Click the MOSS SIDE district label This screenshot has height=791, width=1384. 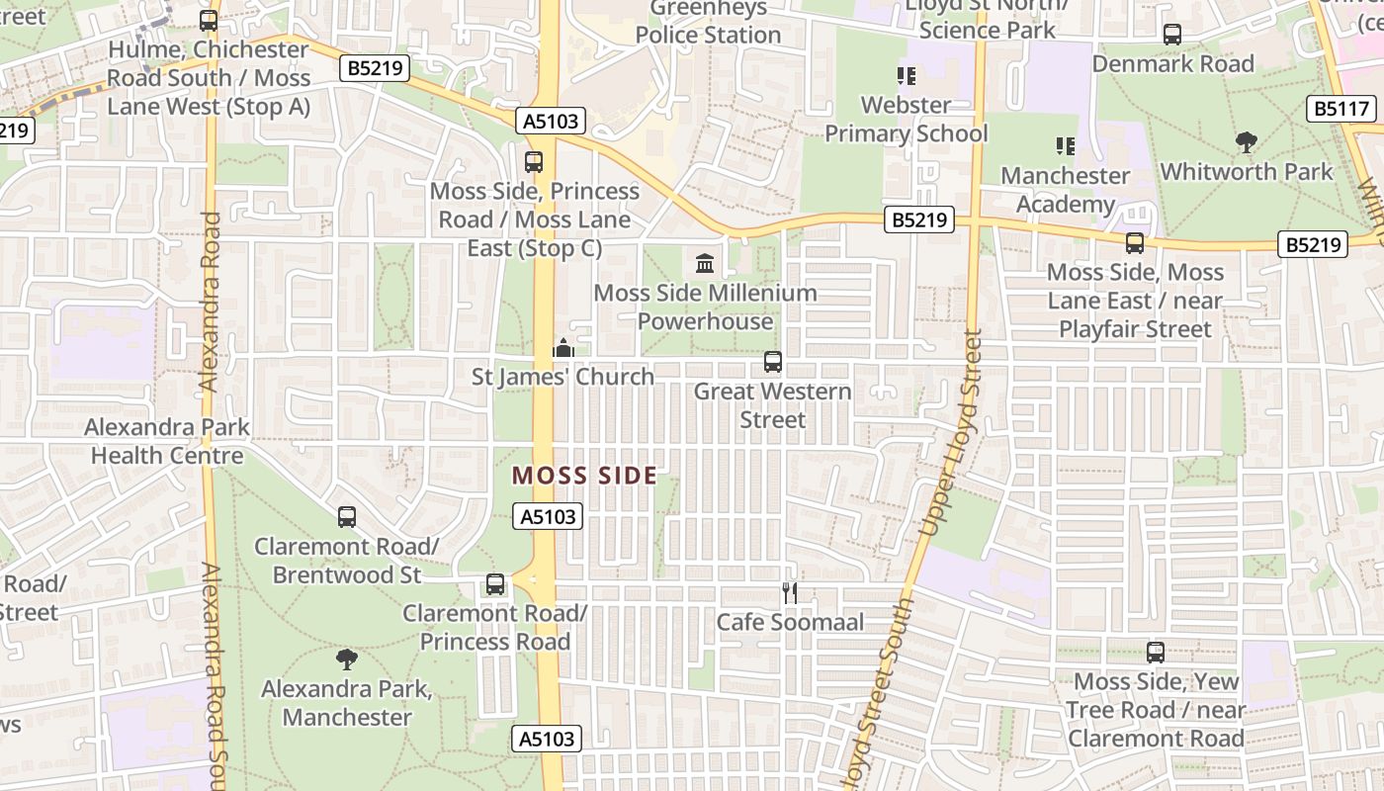[584, 476]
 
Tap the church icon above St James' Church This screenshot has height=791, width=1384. [563, 348]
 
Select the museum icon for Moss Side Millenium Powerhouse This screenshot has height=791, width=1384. [705, 263]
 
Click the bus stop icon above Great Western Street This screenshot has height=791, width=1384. [773, 363]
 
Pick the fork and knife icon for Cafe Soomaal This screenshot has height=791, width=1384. [790, 593]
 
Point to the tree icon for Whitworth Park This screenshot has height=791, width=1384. [1247, 142]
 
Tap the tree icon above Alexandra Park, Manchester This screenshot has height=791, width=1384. [346, 659]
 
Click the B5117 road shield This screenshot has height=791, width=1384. [1341, 109]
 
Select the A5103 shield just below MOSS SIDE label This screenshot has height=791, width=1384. [548, 516]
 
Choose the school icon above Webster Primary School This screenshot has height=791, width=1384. [906, 76]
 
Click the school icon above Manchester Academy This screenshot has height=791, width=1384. [1065, 146]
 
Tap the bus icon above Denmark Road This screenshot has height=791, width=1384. [1172, 35]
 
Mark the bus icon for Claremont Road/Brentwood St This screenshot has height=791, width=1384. [346, 516]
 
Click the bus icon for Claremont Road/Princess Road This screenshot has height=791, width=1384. [495, 584]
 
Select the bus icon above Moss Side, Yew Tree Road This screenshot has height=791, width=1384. [1155, 653]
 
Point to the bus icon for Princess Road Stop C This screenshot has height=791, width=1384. [534, 161]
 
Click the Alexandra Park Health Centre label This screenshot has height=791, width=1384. [167, 441]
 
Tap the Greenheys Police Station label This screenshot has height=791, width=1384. [708, 22]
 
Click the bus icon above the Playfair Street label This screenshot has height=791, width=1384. [1135, 243]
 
